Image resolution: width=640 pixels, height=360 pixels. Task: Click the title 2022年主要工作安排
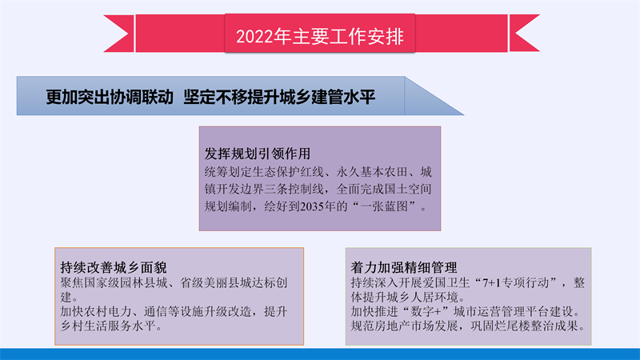coord(319,36)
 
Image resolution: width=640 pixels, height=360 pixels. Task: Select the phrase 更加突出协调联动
coord(110,97)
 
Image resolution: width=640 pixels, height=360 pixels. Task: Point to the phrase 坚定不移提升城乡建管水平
coord(279,97)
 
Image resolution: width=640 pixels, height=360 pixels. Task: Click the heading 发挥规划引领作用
coord(257,154)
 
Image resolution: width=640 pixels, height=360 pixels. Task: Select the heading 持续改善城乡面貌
coord(114,267)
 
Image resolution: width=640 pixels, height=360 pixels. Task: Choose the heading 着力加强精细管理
coord(404,267)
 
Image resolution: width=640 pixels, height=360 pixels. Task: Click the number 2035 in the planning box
coord(312,206)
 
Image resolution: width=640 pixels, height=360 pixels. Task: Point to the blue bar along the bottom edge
coord(320,354)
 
